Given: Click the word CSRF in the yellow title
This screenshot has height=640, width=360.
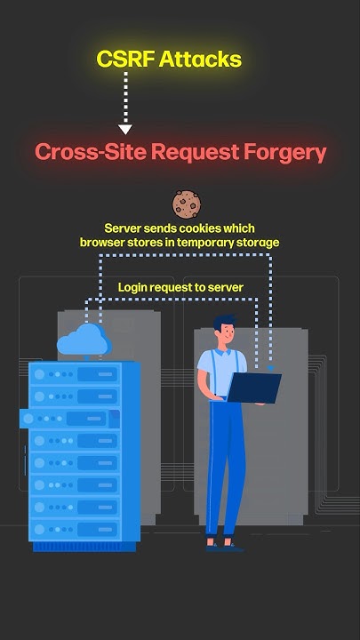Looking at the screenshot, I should click(126, 60).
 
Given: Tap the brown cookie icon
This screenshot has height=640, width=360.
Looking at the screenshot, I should click(185, 204).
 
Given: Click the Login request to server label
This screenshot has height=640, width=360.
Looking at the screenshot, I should click(180, 287).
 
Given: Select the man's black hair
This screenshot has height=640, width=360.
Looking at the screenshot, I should click(225, 321).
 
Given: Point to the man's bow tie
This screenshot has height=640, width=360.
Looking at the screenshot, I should click(228, 350).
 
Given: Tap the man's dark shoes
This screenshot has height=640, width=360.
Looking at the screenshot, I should click(223, 545).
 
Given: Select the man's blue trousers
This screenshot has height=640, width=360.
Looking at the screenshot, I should click(222, 462).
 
